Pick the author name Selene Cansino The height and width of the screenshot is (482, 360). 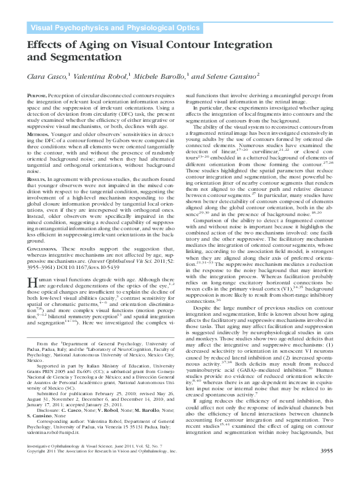[x=228, y=76]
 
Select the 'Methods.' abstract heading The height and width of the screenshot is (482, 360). [x=39, y=134]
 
